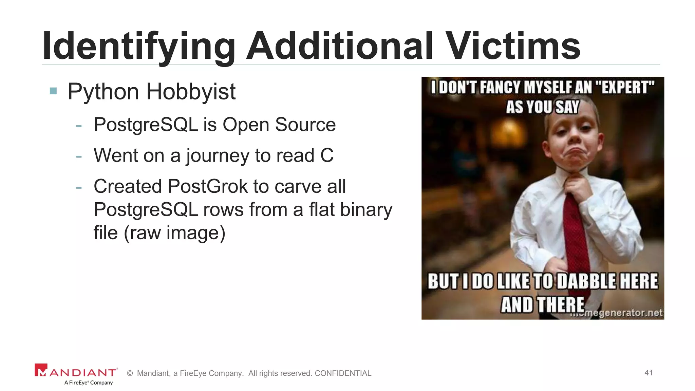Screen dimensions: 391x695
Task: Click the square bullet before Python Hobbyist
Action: (53, 91)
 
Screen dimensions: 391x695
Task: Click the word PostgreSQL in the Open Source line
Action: (146, 125)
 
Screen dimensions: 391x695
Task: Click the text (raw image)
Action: (174, 233)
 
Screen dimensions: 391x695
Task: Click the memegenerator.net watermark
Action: (618, 313)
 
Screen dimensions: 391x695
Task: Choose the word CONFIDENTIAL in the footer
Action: (343, 373)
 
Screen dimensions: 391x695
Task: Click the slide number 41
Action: (649, 373)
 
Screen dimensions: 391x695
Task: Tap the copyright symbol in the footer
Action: (130, 373)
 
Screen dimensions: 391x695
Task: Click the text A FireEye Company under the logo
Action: (89, 383)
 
